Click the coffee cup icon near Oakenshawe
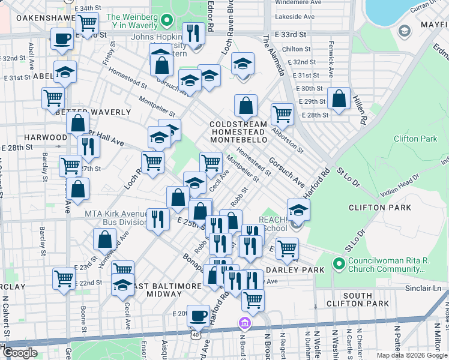tap(61, 40)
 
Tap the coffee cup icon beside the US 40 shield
tap(198, 314)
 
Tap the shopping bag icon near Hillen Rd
tap(339, 100)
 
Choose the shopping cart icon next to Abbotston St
tap(282, 113)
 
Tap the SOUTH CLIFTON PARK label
tap(366, 300)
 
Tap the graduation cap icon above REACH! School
tap(298, 210)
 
